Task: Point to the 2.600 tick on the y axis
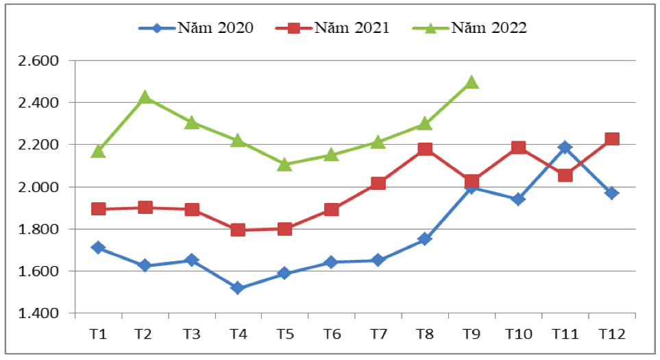(x=39, y=60)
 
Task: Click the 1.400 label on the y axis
(x=39, y=313)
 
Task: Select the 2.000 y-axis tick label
(x=39, y=187)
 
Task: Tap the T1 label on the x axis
(x=98, y=334)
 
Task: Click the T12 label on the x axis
(x=611, y=334)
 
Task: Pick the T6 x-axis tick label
(x=332, y=334)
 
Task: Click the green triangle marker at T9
(x=472, y=82)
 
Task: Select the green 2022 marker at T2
(x=145, y=97)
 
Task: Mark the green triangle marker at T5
(x=285, y=164)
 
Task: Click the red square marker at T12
(x=612, y=139)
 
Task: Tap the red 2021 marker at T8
(x=425, y=149)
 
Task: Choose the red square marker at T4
(x=238, y=230)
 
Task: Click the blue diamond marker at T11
(x=565, y=147)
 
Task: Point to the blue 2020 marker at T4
(x=238, y=288)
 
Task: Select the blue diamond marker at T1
(x=98, y=248)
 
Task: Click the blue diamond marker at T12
(x=612, y=193)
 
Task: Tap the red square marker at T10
(x=518, y=147)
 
